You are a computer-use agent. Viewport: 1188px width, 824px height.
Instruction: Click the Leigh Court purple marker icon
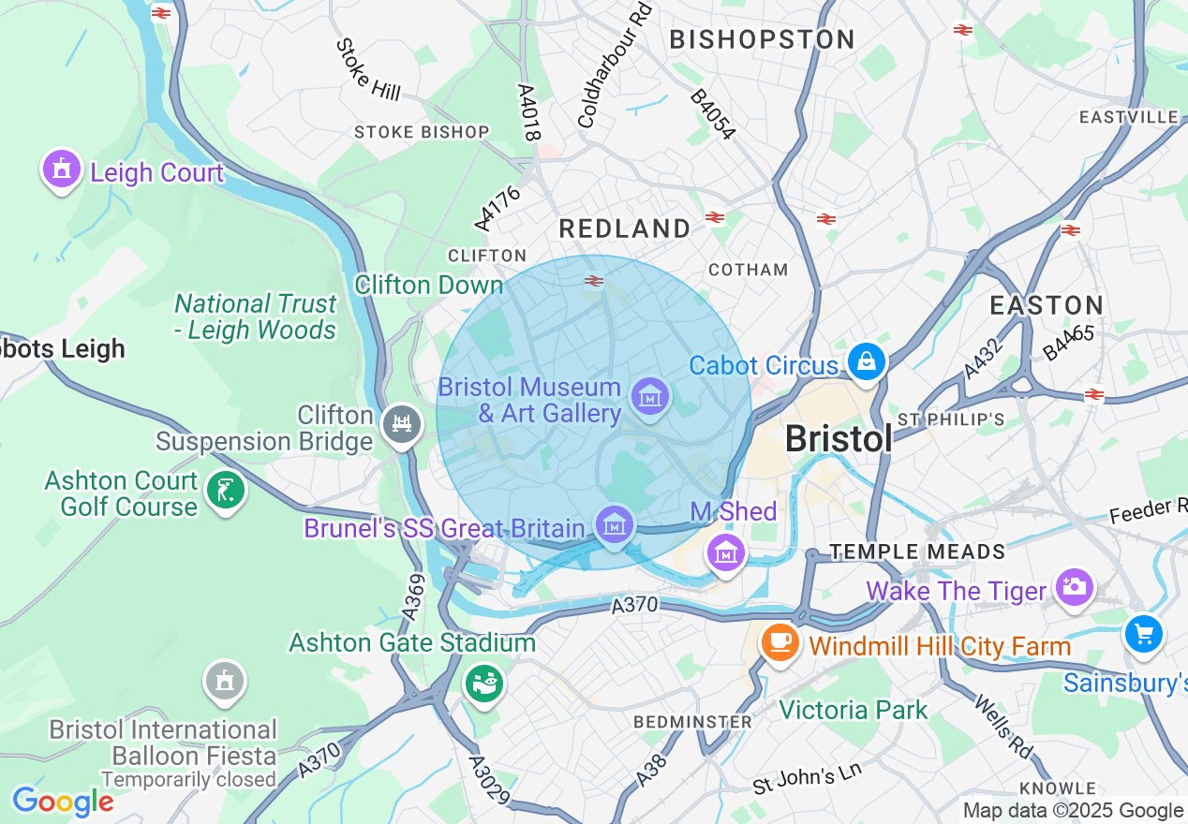click(62, 170)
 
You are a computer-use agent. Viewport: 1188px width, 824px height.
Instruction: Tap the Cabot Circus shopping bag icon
click(867, 361)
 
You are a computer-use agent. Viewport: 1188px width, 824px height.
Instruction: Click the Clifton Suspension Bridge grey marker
click(402, 424)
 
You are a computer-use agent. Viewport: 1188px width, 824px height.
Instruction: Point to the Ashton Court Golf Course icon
click(225, 491)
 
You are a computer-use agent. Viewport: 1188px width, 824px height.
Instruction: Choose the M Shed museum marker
click(726, 553)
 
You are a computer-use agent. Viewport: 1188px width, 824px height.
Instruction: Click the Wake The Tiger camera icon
click(1074, 587)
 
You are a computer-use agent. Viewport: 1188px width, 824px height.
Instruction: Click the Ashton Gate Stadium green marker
click(484, 684)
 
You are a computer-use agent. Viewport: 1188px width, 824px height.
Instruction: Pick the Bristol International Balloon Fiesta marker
click(224, 682)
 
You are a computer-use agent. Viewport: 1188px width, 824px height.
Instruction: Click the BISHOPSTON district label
click(762, 39)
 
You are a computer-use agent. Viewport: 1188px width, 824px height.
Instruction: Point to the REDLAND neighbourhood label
click(625, 228)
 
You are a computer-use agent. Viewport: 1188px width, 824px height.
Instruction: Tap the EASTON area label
click(1047, 305)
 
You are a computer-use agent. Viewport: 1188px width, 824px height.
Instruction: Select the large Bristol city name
click(839, 438)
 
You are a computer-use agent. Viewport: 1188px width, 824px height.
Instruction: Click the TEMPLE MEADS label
click(917, 552)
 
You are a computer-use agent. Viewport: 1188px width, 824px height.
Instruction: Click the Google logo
click(63, 802)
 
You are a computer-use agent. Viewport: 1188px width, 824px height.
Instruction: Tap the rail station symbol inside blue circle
click(593, 281)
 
